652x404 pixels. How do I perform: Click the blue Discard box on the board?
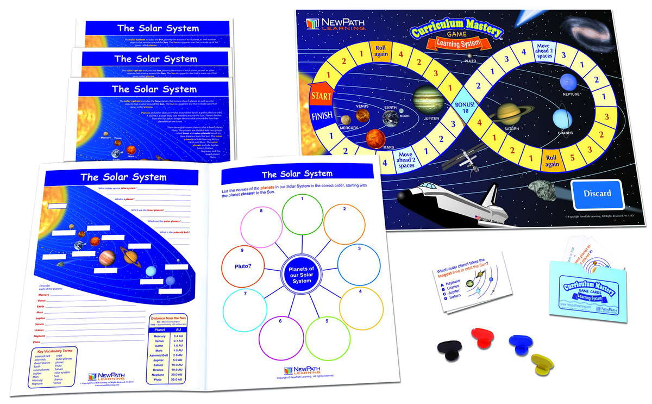pos(597,193)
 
